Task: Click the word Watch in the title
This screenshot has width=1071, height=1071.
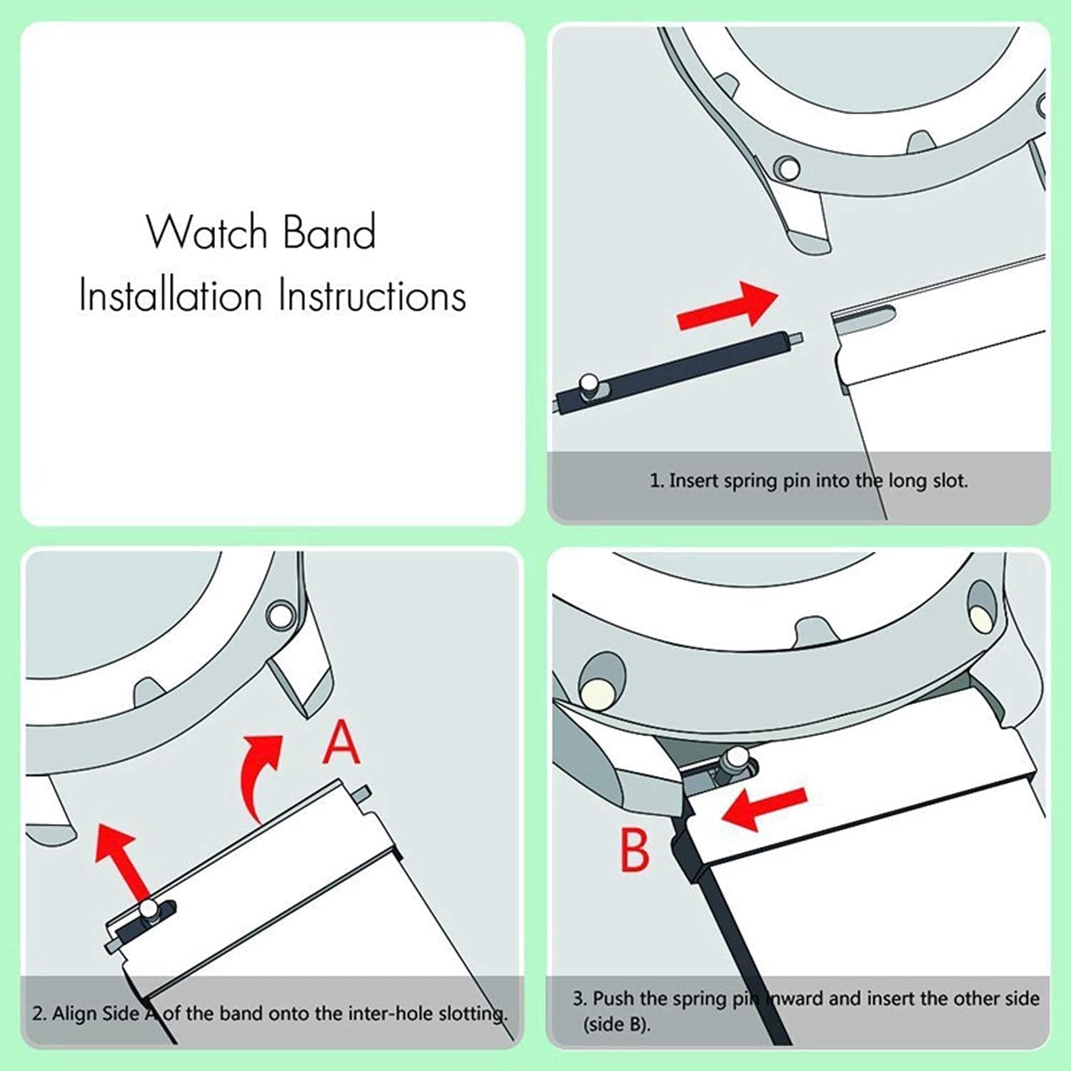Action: point(207,232)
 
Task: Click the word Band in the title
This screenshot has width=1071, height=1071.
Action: point(329,232)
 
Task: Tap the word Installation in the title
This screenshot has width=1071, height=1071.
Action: point(171,296)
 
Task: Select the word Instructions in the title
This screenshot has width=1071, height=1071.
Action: point(372,296)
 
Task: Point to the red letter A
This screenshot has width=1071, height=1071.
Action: point(341,743)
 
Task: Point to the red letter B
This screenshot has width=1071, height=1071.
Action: point(634,850)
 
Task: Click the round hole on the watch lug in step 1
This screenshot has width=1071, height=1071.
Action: point(788,169)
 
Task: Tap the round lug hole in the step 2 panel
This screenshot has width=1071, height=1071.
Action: point(280,614)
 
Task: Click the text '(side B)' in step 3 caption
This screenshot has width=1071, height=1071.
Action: point(617,1025)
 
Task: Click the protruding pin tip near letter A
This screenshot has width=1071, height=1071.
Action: point(363,792)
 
